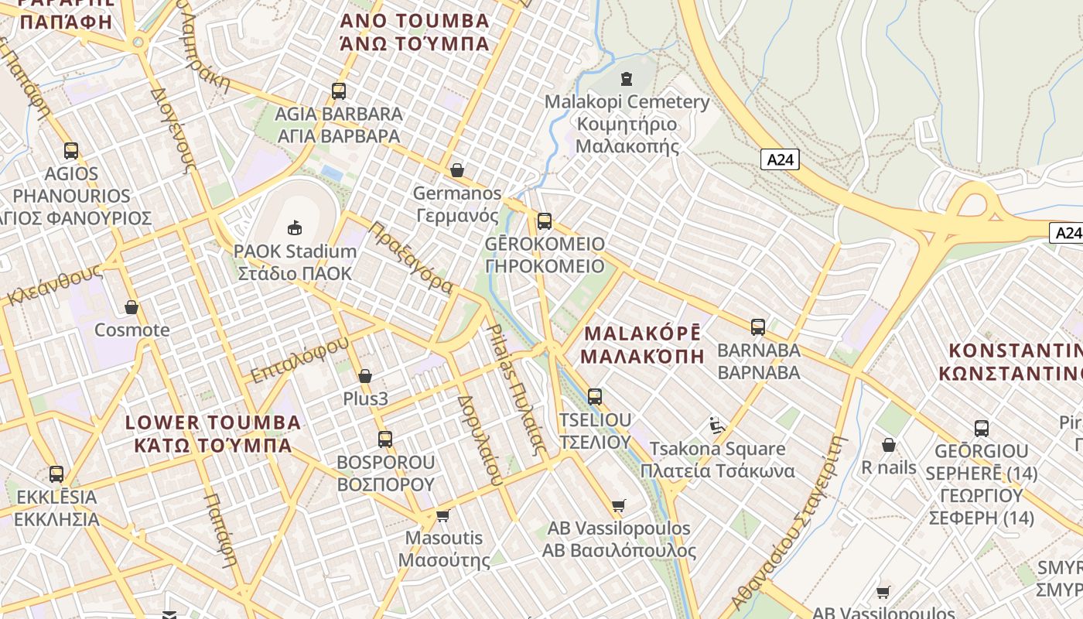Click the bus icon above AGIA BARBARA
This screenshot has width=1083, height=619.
(x=339, y=91)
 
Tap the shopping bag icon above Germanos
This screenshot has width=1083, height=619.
(x=457, y=170)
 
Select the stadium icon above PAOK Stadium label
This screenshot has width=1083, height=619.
(x=295, y=227)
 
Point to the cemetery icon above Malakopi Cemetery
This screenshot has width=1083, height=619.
(x=627, y=79)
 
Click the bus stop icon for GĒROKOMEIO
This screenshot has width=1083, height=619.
(x=545, y=221)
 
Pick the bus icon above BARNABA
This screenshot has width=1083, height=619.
(x=758, y=327)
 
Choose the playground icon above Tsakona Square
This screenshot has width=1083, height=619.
(x=717, y=426)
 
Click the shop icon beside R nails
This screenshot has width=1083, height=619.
(x=889, y=445)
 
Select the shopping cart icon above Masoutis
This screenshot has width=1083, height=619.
(x=443, y=515)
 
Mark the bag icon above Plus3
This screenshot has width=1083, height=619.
(x=365, y=377)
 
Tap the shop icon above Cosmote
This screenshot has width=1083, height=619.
(x=132, y=308)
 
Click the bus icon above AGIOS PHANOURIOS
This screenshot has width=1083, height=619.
(x=71, y=151)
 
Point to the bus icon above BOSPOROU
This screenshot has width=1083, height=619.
(x=385, y=439)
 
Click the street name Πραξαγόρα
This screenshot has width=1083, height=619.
(x=411, y=257)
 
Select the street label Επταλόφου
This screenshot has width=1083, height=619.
(x=300, y=359)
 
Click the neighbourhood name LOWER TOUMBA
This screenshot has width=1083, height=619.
(x=213, y=422)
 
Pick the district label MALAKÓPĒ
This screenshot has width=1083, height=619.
(x=642, y=333)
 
